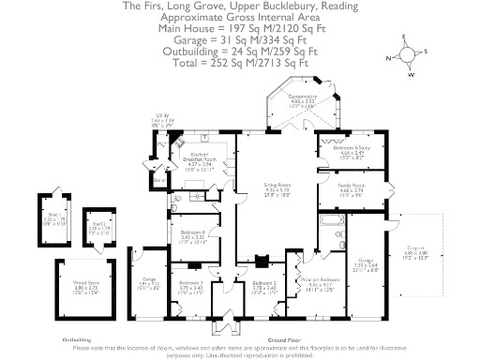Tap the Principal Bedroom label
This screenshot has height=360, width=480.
[323, 280]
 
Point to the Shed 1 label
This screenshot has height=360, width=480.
[52, 210]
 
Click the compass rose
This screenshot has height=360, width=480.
[404, 53]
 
